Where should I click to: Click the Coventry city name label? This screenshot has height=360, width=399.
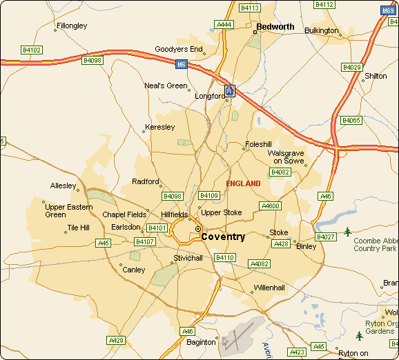223,237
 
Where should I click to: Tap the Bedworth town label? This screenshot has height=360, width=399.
275,27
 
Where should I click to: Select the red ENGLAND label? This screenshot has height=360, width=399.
244,183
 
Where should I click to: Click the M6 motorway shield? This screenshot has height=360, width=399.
181,64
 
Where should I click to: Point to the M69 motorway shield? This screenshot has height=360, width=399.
388,11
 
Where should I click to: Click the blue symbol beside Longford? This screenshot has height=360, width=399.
230,90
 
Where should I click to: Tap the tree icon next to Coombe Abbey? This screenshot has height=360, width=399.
347,230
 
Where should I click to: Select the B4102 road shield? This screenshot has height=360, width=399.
32,50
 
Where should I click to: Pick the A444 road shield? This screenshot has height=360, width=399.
224,25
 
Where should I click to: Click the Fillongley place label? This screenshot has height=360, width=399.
72,26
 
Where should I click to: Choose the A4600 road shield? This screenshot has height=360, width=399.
270,206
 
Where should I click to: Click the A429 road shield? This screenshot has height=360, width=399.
116,341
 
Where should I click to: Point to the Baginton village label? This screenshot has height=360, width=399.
202,342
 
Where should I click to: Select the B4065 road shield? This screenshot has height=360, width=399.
351,121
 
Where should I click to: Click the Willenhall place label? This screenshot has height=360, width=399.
269,288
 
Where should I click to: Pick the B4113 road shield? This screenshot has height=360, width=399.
249,8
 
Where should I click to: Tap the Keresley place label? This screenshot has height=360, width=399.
160,128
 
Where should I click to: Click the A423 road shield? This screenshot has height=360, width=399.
296,352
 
